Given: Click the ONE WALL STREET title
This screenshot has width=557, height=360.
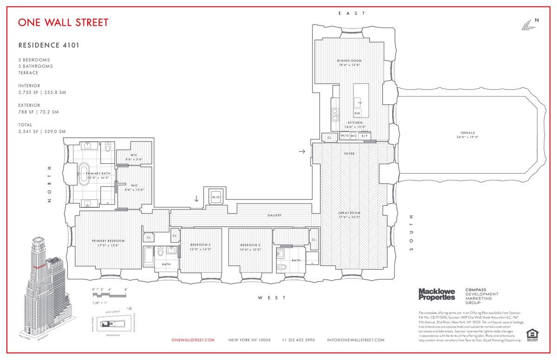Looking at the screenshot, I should [63, 22].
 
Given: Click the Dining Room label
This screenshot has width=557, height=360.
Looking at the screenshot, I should [349, 63].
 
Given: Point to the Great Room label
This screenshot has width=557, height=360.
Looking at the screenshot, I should [349, 215].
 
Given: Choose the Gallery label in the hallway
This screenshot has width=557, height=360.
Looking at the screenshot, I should [274, 215].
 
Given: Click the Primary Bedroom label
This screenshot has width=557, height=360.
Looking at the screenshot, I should [108, 243].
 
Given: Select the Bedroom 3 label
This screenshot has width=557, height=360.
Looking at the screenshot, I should [201, 247].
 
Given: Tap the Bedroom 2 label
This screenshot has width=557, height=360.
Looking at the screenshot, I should [250, 247].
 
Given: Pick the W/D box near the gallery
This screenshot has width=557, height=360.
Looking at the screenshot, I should [216, 197].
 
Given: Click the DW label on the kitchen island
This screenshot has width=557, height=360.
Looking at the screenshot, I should [357, 113].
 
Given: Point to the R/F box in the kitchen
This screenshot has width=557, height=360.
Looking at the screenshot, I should [364, 136].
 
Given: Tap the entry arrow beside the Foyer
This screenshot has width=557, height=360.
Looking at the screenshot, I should [302, 151].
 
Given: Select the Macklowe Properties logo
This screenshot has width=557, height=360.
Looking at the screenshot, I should [437, 294].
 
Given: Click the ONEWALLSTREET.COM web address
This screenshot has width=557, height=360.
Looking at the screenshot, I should [193, 340].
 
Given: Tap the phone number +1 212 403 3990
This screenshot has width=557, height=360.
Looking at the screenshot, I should [298, 340].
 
